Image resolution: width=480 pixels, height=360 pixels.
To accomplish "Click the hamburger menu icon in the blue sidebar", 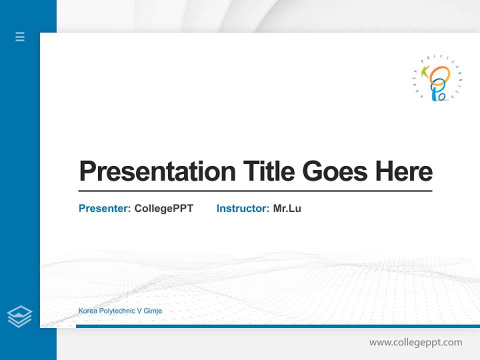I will click(x=20, y=36).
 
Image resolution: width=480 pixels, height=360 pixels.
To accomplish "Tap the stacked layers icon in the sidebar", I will click(x=19, y=316).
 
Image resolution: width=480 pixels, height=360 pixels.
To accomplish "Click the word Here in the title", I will click(x=404, y=171).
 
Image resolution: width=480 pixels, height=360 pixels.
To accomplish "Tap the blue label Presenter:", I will click(x=105, y=208).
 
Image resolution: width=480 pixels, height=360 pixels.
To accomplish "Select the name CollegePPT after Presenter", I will click(x=163, y=208).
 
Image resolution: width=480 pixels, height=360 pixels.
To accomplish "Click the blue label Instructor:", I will click(x=243, y=208).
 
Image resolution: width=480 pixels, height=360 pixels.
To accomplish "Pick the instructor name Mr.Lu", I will click(x=287, y=208).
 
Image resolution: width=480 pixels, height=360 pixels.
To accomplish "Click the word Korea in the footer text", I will click(x=87, y=311).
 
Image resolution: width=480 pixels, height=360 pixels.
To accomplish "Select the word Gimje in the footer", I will click(x=153, y=311).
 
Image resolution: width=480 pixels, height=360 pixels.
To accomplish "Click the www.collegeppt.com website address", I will click(x=415, y=342).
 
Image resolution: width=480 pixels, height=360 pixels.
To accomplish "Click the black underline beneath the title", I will click(x=255, y=190).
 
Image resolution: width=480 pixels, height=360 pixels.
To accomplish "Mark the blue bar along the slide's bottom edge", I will click(x=277, y=326).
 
